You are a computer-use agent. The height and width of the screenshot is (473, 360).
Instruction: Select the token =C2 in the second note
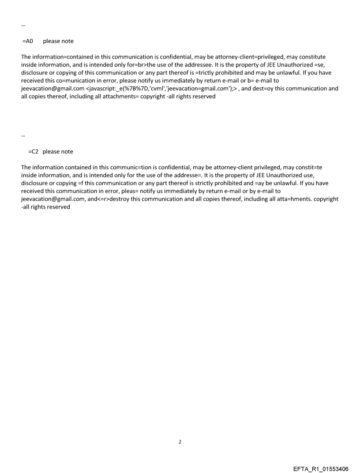click(34, 151)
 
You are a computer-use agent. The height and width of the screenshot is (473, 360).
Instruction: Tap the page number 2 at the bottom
click(180, 441)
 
